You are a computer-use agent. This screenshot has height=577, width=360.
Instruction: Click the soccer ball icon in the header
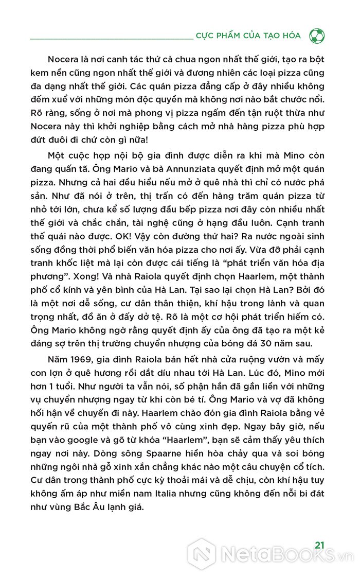click(317, 36)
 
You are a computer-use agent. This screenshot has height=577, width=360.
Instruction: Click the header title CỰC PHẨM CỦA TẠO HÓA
click(248, 36)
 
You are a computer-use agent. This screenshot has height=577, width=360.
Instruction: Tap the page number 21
click(319, 545)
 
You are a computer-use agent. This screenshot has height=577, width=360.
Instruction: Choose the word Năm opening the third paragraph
click(58, 359)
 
